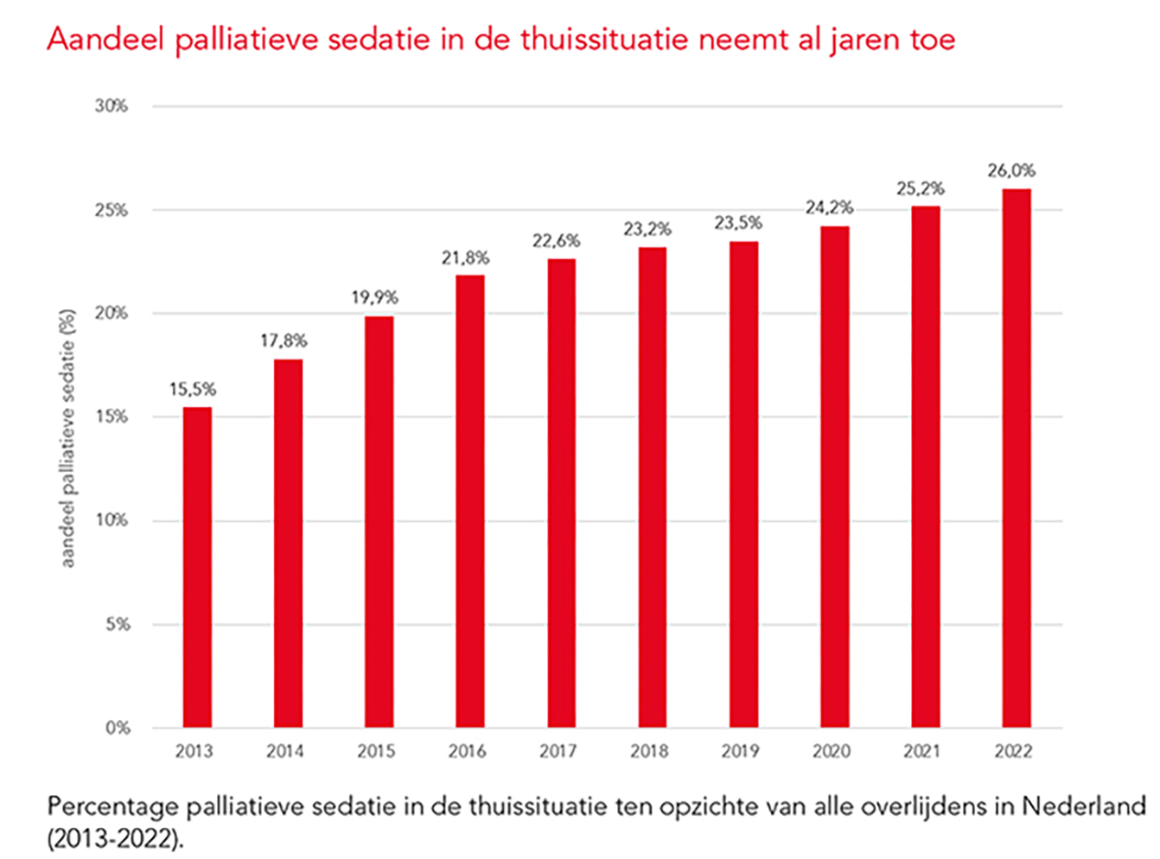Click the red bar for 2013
point(197,567)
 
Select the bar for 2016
point(470,501)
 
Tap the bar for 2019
point(743,484)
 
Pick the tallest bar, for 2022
point(1017,458)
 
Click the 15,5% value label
point(193,390)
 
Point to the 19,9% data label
point(374,298)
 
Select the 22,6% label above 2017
point(556,241)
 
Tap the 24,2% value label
point(829,207)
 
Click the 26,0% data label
point(1011,171)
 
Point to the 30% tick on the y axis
point(112,106)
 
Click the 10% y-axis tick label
point(112,520)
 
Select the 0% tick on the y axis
point(118,729)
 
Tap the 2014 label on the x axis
point(284,752)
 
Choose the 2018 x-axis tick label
point(649,752)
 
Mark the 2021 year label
point(921,752)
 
